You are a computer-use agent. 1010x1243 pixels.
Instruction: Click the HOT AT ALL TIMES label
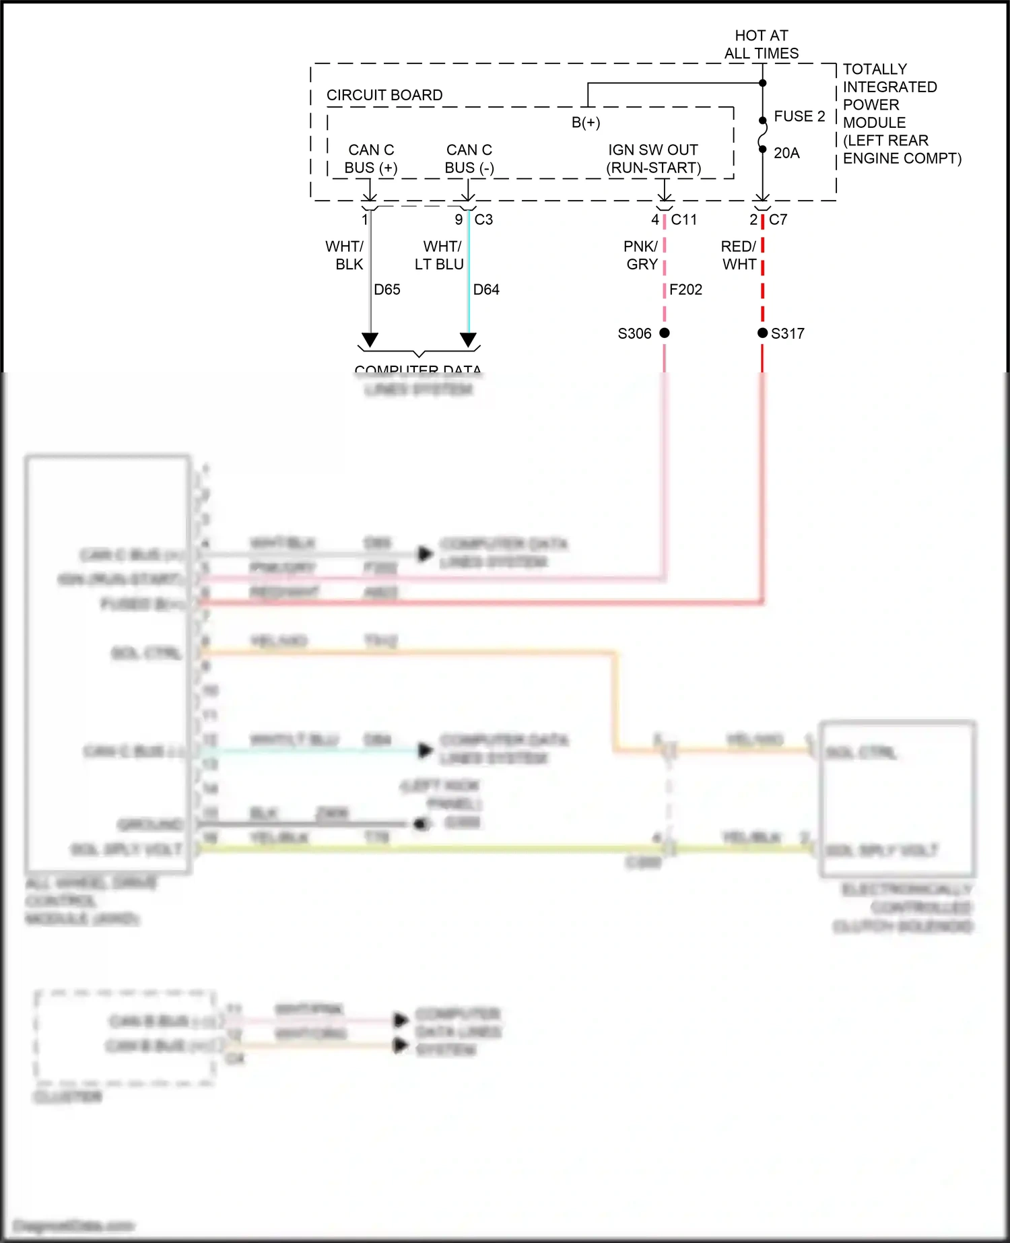(x=761, y=44)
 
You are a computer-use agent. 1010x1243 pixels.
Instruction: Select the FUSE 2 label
(x=799, y=116)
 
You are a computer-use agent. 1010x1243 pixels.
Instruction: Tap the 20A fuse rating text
(x=786, y=154)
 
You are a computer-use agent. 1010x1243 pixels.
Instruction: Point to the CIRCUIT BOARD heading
(x=384, y=96)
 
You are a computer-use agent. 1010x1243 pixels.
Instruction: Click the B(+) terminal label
(x=586, y=123)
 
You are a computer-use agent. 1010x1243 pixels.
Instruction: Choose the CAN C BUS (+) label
(x=371, y=159)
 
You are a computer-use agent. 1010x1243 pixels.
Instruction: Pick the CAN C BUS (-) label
(x=469, y=159)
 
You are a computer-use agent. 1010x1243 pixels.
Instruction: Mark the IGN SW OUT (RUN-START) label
(x=653, y=159)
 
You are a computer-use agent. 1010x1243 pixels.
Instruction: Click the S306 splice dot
(x=665, y=333)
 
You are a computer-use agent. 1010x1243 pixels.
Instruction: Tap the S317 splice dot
(x=762, y=333)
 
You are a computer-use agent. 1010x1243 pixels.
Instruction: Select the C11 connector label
(x=684, y=220)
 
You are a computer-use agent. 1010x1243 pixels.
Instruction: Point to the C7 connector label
(x=778, y=220)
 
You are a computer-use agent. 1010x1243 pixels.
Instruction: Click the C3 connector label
(x=483, y=220)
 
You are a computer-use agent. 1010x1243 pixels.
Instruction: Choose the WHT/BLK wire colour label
(x=345, y=255)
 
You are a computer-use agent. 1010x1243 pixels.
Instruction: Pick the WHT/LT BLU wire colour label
(x=440, y=255)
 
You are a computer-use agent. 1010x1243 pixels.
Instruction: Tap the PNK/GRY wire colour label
(x=641, y=255)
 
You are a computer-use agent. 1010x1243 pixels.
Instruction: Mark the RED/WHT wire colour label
(x=739, y=255)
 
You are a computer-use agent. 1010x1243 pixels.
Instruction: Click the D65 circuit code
(x=387, y=290)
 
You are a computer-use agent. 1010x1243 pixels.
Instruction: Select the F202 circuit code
(x=686, y=290)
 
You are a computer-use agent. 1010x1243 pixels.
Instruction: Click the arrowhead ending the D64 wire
(x=469, y=339)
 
